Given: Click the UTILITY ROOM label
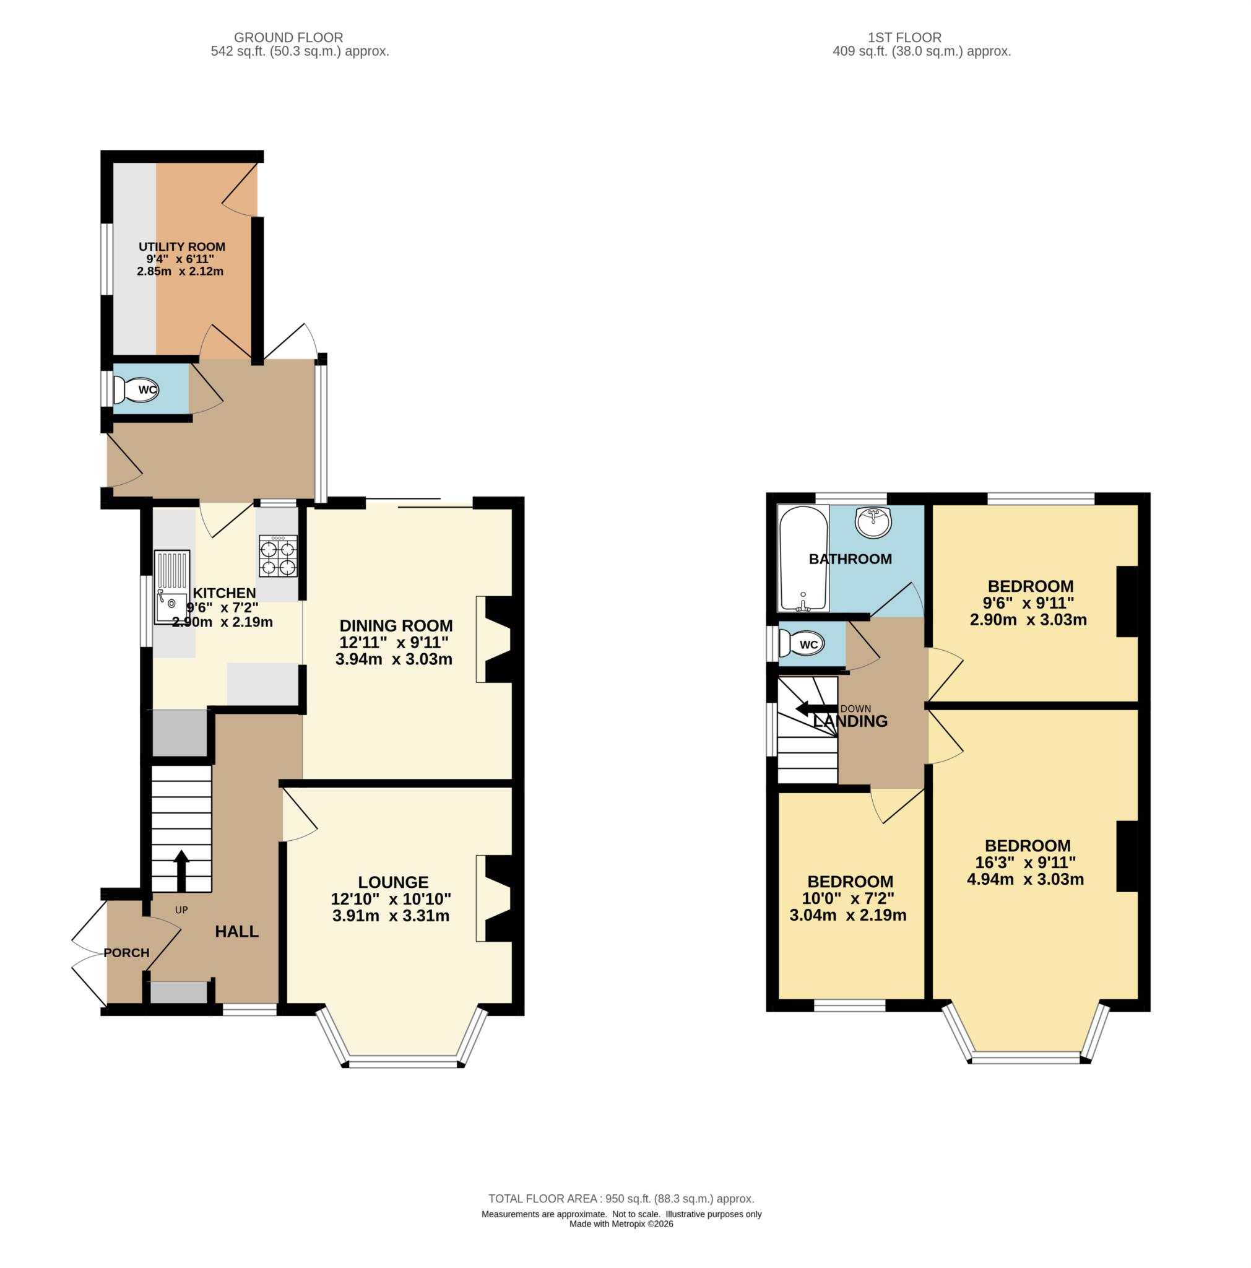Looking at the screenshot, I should [182, 247].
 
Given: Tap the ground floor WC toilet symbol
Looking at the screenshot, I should [136, 390].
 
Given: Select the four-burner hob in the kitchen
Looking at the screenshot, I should [278, 556].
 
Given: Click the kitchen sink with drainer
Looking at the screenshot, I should [172, 587].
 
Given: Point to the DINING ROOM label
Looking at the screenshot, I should [396, 625].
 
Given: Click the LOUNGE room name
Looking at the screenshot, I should [393, 882].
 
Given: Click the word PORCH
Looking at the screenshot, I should [127, 953].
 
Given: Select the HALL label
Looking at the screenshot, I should [237, 931].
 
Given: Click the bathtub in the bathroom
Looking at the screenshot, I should [803, 558].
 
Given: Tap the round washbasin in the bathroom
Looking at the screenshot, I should [873, 522].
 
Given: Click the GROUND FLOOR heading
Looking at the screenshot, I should [288, 37].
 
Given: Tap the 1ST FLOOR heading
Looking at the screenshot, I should [903, 37].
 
